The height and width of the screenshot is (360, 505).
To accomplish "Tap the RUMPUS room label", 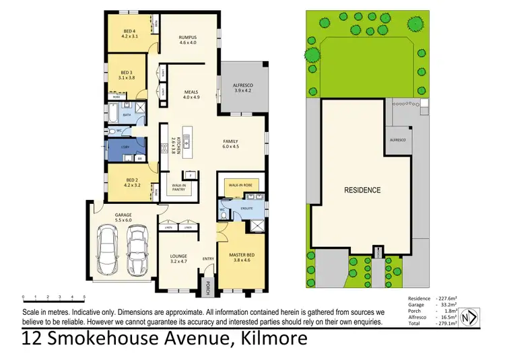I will click(187, 37).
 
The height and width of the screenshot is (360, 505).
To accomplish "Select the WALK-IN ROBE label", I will click(239, 184).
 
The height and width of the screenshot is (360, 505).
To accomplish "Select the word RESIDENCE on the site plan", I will click(362, 190).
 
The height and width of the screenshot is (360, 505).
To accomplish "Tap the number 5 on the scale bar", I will click(84, 296).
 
